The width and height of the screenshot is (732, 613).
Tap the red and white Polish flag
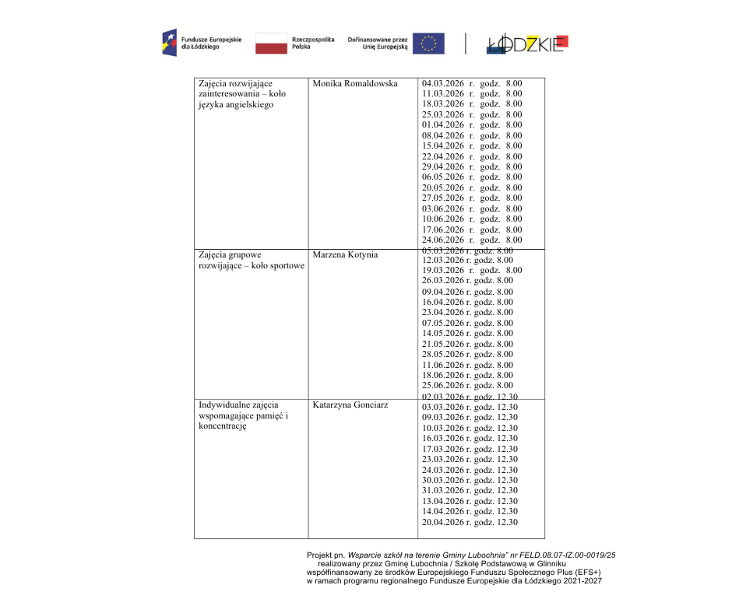click(x=271, y=44)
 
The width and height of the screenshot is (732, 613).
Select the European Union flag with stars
click(x=428, y=44)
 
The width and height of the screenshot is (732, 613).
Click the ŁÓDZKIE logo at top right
click(x=527, y=44)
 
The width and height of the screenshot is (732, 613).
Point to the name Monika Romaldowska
click(x=355, y=84)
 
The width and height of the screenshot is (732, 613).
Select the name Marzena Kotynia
click(x=345, y=255)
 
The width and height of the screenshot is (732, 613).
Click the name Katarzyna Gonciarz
click(x=350, y=405)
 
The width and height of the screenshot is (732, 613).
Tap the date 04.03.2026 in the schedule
click(x=443, y=83)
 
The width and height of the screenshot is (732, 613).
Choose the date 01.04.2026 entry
click(x=443, y=125)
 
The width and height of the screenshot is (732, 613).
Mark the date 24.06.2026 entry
click(x=443, y=240)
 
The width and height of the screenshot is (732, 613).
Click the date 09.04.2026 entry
click(x=443, y=292)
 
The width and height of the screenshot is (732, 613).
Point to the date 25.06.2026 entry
click(x=443, y=386)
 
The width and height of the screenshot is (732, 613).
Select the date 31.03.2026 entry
click(x=443, y=491)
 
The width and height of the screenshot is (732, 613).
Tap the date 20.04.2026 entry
click(x=443, y=522)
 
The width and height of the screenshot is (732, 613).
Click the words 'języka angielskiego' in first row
click(x=236, y=105)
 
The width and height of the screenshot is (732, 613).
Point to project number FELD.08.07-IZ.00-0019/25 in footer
click(x=569, y=555)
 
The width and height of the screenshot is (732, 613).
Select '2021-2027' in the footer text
click(x=584, y=581)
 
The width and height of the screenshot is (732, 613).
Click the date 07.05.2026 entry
click(x=443, y=323)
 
